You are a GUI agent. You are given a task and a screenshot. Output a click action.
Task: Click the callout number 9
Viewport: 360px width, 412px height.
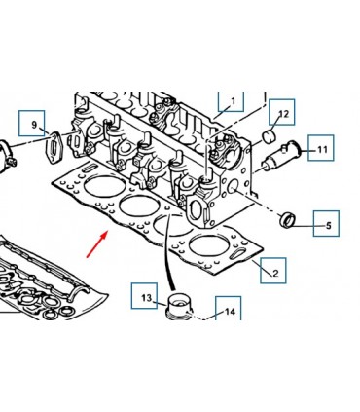pos(34,125)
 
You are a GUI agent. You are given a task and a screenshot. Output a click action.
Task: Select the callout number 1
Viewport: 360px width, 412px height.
pos(234,101)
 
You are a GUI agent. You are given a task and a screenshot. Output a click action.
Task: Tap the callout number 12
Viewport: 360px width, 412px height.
pos(283,114)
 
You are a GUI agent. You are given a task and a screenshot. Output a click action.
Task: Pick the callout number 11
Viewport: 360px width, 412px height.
pos(322,149)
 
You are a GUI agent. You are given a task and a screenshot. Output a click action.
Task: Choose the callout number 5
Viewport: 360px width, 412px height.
pos(329,225)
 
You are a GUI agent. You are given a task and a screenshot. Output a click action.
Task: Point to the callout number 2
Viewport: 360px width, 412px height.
pos(275,273)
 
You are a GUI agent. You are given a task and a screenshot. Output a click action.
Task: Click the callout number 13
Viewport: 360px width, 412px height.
pos(147,297)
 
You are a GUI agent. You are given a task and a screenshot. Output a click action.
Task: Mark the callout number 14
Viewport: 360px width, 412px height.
pos(230,312)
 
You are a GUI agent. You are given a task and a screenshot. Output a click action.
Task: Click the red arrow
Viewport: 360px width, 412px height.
pos(97,244)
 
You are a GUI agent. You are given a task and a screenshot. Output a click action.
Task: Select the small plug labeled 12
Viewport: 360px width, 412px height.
pos(270,137)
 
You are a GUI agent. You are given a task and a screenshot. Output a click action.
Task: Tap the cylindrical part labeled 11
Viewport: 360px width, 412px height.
pos(281,155)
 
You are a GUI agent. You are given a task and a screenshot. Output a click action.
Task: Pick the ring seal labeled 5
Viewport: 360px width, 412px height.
pos(287,220)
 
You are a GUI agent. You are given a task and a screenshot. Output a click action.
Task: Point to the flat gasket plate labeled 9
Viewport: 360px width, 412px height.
pos(54,149)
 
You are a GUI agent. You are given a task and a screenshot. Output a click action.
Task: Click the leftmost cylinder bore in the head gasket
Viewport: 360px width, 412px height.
pos(104,186)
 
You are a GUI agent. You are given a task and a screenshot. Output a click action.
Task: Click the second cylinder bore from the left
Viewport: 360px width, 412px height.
pos(140,206)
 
